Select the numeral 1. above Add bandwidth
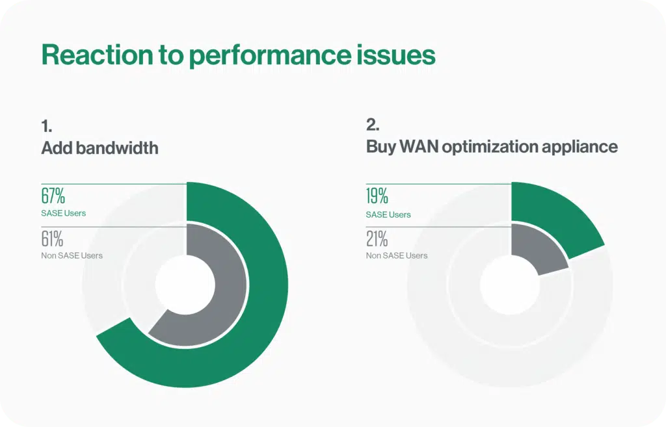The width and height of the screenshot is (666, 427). [x=47, y=125]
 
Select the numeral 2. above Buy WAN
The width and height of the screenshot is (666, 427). [x=373, y=125]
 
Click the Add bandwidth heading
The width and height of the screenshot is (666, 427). [x=100, y=148]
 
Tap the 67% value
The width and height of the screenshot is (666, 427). [x=53, y=197]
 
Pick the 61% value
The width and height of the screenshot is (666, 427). [x=53, y=239]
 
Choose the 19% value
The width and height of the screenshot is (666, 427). [x=377, y=197]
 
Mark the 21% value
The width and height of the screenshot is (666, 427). [x=377, y=239]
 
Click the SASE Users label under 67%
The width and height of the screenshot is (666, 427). [x=64, y=214]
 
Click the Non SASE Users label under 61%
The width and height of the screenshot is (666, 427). [x=72, y=255]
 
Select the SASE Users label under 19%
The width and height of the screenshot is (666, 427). [x=388, y=214]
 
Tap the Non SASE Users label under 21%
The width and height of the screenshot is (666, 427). [x=397, y=255]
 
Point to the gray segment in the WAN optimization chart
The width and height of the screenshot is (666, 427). [x=537, y=250]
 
